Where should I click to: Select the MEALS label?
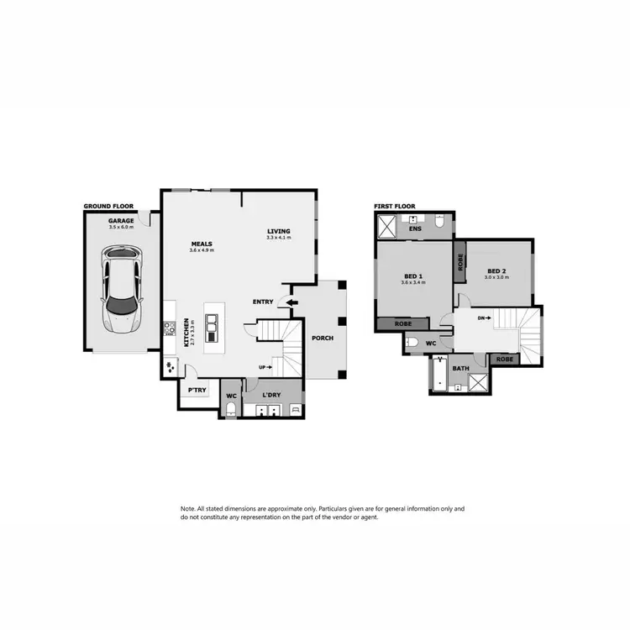[202, 244]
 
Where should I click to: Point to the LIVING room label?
[278, 232]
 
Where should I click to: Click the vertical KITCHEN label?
[186, 333]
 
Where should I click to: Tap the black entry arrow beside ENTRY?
[291, 302]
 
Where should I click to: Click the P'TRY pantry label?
[197, 391]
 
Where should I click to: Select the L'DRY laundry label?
[270, 395]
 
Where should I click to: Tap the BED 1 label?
[414, 276]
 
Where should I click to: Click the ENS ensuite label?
[414, 228]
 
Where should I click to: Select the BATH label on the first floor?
[460, 368]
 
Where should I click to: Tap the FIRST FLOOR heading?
[395, 206]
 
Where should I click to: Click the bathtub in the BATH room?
[438, 375]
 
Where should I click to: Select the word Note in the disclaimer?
[187, 509]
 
